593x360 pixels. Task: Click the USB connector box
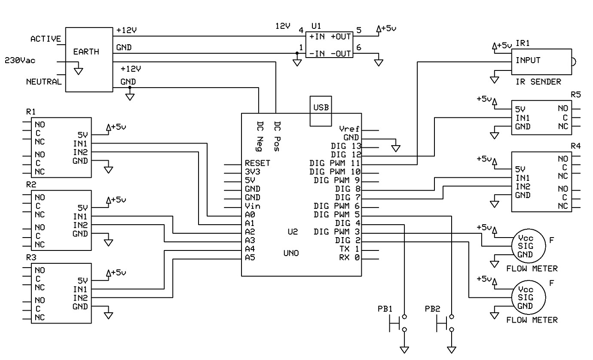tap(321, 111)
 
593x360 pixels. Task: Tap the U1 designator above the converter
tap(316, 27)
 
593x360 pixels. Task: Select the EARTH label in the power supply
tap(86, 52)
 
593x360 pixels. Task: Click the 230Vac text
tap(20, 60)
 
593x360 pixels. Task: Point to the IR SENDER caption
tap(538, 82)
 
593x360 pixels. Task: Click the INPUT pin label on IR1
tap(528, 60)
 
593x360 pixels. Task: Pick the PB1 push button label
tap(385, 309)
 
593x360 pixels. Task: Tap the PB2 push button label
tap(432, 309)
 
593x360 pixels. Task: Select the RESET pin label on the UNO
tap(257, 163)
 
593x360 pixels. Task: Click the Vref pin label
tap(348, 129)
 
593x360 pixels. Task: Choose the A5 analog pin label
tap(250, 258)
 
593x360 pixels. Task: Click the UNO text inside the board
tap(291, 253)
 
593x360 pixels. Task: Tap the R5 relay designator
tap(575, 95)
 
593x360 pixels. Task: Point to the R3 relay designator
tap(31, 258)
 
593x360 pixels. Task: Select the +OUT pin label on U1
tap(341, 37)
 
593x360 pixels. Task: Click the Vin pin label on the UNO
tap(252, 206)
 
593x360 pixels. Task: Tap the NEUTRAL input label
tap(43, 82)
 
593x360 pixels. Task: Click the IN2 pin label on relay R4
tap(523, 186)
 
